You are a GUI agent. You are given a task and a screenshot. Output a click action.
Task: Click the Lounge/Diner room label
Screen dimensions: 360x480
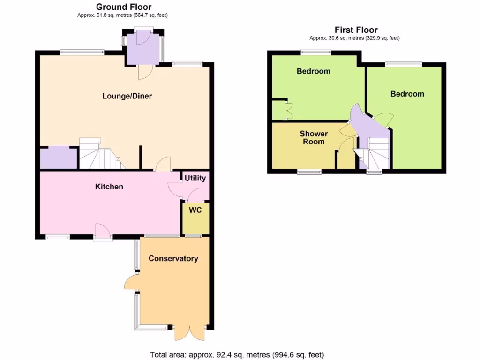pos(127,96)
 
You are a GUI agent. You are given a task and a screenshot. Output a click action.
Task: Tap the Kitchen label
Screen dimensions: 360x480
pos(109,187)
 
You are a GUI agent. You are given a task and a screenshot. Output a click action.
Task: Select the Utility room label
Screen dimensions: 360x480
pos(195,178)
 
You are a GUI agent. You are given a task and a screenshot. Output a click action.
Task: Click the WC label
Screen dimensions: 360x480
pos(195,210)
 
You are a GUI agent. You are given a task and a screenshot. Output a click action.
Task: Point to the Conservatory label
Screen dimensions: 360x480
pos(173,258)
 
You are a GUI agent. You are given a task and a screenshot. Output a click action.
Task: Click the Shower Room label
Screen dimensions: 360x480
pos(314,137)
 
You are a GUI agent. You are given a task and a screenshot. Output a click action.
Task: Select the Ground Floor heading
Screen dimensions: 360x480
pos(124,7)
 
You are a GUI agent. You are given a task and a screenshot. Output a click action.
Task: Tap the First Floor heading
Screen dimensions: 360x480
pos(356,30)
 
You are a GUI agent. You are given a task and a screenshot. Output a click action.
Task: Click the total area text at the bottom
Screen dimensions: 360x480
pos(237,354)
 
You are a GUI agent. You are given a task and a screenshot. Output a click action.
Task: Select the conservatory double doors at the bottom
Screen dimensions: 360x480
pos(189,333)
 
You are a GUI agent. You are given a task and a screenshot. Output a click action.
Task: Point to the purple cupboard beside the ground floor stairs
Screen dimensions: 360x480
pos(59,157)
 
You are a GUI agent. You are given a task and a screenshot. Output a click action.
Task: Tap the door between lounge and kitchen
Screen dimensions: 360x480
pos(163,165)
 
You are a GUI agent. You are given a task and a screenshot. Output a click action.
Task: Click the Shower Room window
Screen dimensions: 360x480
pos(309,172)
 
